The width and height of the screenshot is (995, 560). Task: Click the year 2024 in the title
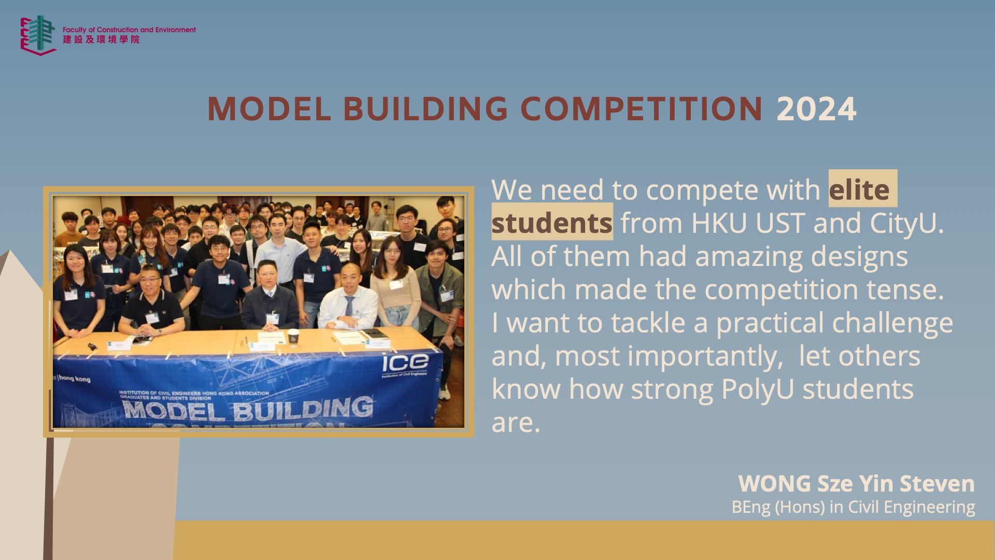(816, 109)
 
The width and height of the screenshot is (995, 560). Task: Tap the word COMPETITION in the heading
(642, 109)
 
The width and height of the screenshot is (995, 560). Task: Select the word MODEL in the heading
(269, 109)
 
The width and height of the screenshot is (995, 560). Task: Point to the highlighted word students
(552, 223)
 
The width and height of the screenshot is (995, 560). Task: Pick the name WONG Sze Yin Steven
(857, 483)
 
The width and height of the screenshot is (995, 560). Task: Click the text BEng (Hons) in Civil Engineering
(853, 507)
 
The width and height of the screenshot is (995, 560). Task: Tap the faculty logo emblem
(38, 35)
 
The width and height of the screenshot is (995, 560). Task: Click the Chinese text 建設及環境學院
(101, 39)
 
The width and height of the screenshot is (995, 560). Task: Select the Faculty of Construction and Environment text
(129, 30)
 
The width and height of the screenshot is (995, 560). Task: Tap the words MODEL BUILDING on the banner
(248, 409)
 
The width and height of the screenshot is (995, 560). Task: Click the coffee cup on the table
(293, 337)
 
